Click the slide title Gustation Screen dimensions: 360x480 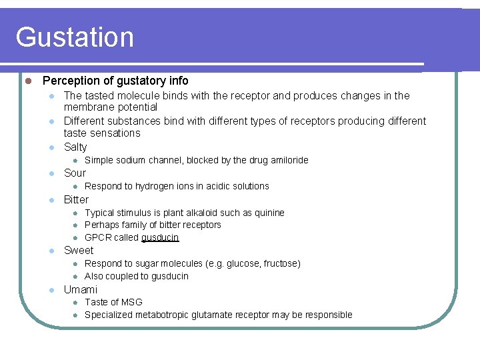pos(75,37)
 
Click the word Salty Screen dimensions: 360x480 pos(75,147)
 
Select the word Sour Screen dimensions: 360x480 pos(75,173)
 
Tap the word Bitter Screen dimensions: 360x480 pos(76,199)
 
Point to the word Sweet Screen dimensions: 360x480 pos(79,250)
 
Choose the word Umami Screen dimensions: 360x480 pos(80,289)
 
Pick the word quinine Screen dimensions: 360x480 pos(269,213)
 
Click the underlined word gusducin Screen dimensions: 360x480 pos(160,237)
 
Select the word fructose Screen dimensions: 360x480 pos(281,263)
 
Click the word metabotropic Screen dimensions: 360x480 pos(165,315)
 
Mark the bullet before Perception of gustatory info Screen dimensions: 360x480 pos(28,81)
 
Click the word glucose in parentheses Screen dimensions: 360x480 pos(243,263)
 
